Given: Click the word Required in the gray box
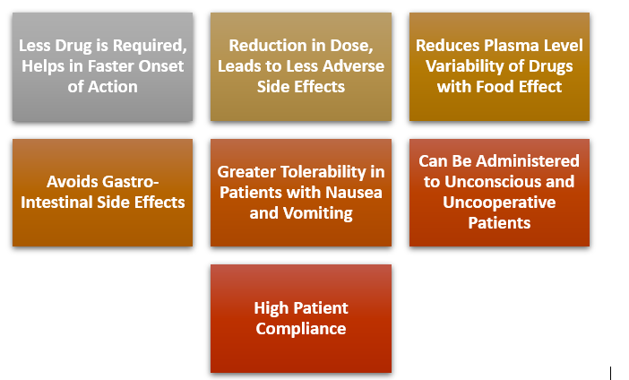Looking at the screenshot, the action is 150,46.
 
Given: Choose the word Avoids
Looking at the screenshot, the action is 72,182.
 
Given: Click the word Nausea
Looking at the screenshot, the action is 354,193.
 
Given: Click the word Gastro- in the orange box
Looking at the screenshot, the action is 130,182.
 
